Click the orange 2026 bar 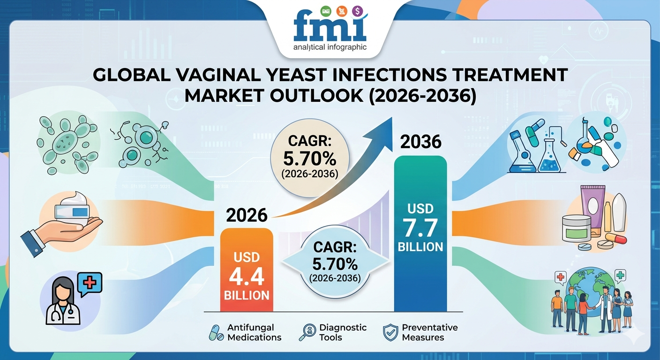[247, 270]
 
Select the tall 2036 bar [420, 234]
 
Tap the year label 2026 [247, 215]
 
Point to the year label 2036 [420, 142]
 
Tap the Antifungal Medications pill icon [216, 333]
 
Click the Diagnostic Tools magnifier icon [307, 332]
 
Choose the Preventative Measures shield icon [390, 332]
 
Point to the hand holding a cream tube [66, 225]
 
